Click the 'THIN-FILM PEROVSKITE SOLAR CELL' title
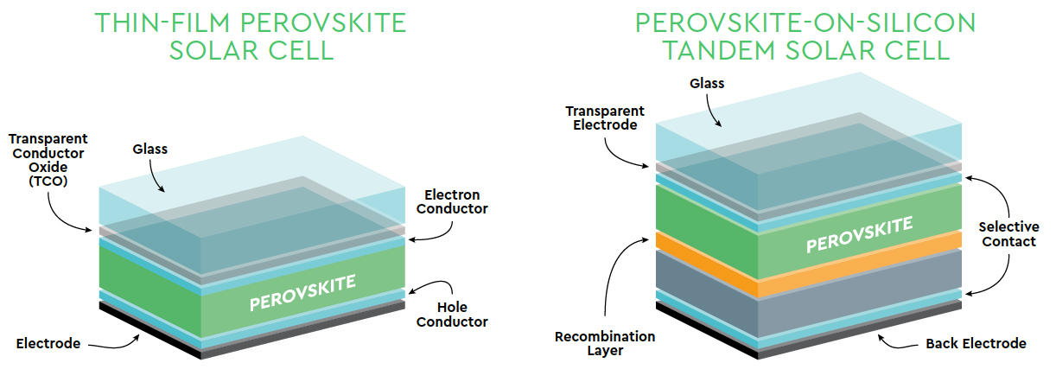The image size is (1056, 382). point(251,37)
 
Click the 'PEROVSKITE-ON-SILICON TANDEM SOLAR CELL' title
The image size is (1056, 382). point(805,37)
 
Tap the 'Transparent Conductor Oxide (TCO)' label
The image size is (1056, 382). point(48,160)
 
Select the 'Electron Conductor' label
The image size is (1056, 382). point(452,202)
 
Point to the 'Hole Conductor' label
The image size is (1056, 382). point(452,315)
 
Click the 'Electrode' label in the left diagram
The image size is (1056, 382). point(48,343)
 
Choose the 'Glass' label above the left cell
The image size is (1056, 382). point(149,149)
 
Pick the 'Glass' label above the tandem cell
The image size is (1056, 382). point(707,84)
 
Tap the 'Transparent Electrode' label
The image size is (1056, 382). point(605,118)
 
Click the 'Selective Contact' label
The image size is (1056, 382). point(1008,234)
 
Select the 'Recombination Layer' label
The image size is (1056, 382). point(605,343)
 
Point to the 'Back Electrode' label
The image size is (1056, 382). point(976,343)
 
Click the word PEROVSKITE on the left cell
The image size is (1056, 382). point(302,293)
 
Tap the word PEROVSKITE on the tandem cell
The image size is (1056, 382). point(860,235)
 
